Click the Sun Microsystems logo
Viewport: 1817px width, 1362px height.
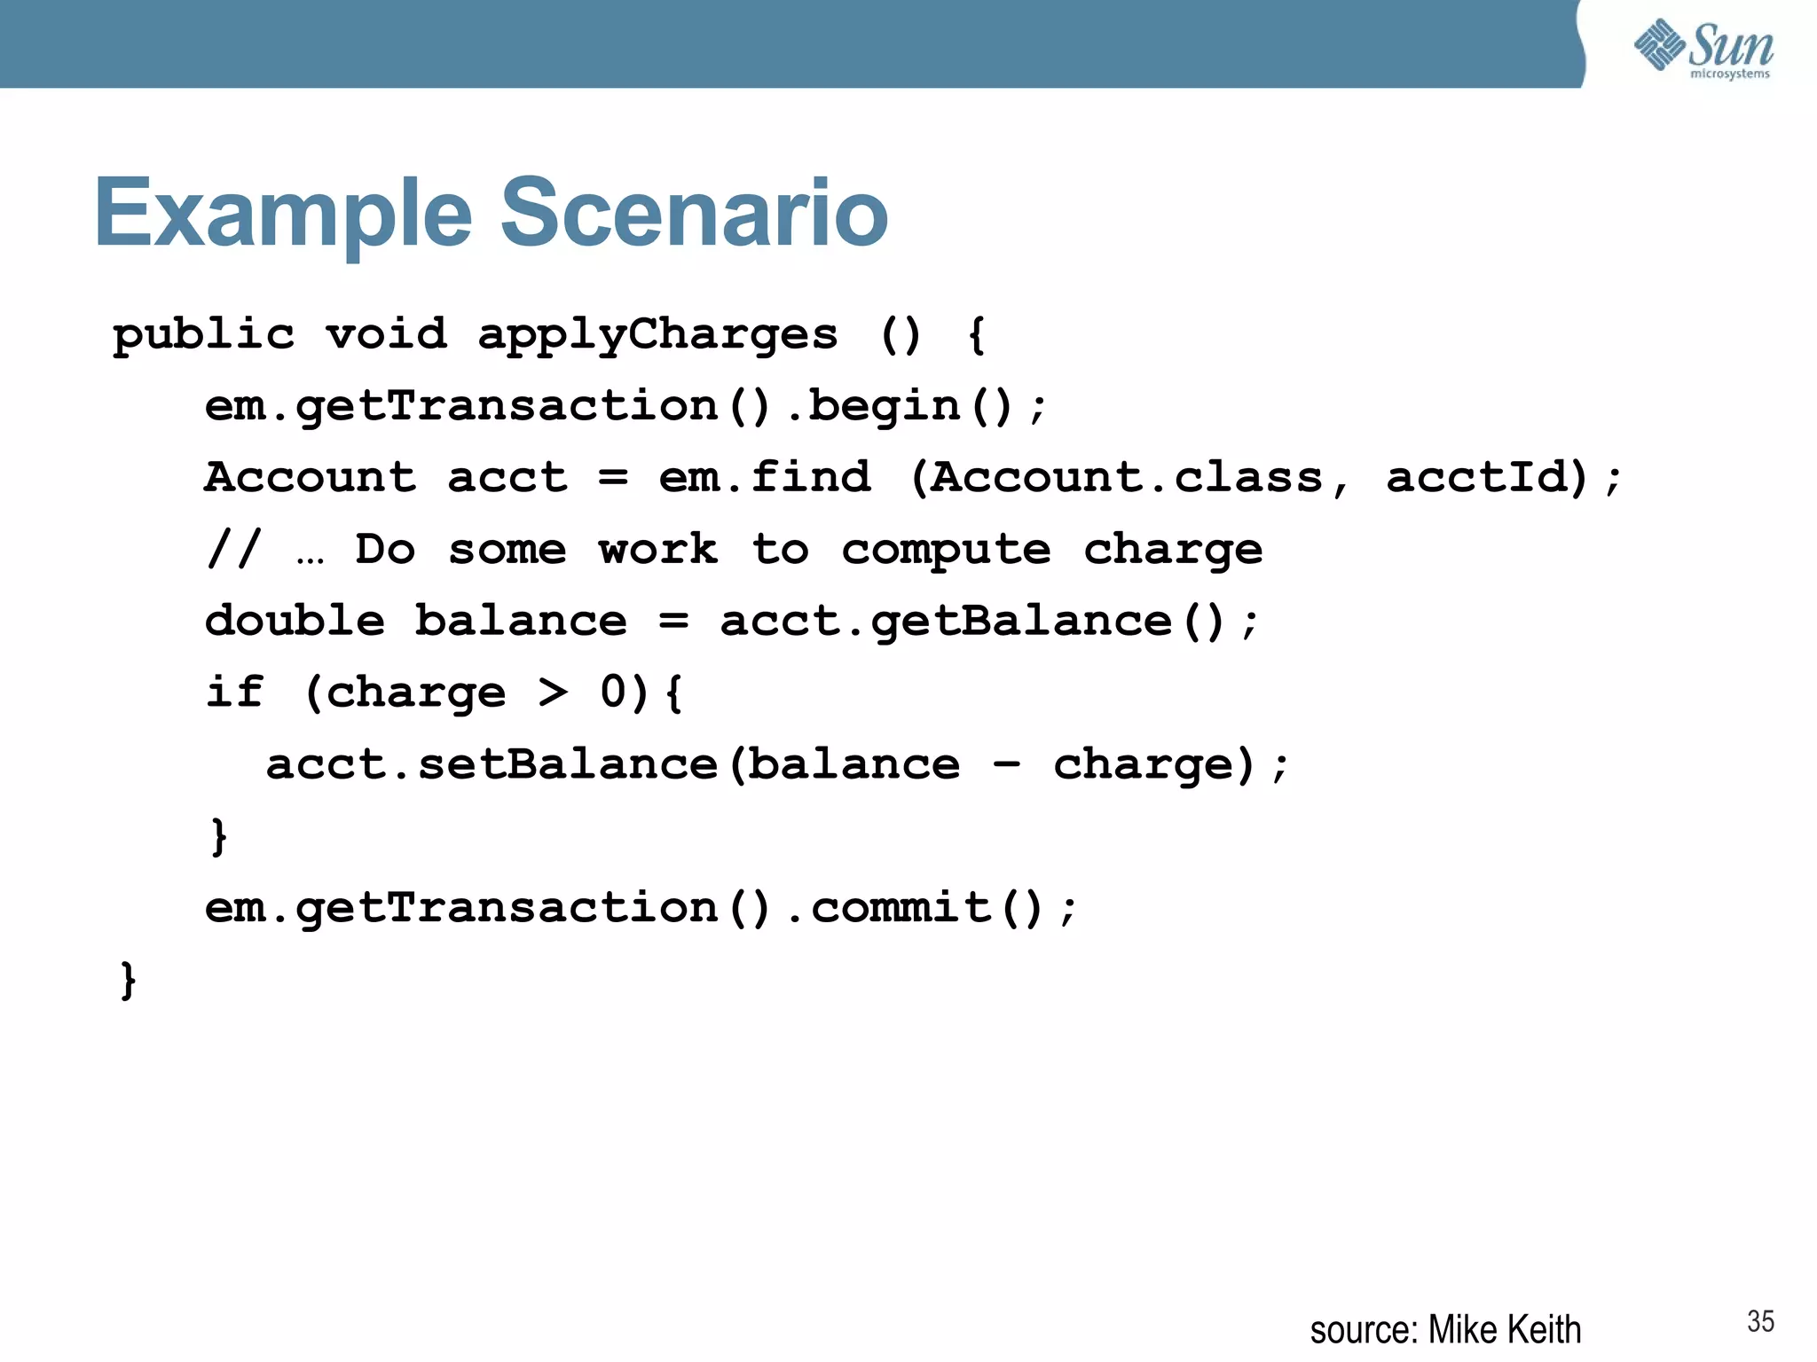click(1703, 48)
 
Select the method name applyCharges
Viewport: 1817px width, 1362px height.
click(657, 335)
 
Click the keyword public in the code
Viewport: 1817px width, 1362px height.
click(203, 335)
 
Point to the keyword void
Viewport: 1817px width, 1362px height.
click(386, 335)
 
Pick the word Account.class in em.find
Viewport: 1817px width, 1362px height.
click(1127, 478)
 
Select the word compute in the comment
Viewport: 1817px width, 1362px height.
click(946, 551)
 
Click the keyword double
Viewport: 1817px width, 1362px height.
click(295, 621)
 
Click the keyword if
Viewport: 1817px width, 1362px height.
click(234, 693)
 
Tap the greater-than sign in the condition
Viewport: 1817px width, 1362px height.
click(553, 693)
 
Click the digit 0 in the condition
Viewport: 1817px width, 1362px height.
click(613, 693)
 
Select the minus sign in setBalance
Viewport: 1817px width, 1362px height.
click(1006, 764)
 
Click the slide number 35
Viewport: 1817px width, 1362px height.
click(1760, 1321)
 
